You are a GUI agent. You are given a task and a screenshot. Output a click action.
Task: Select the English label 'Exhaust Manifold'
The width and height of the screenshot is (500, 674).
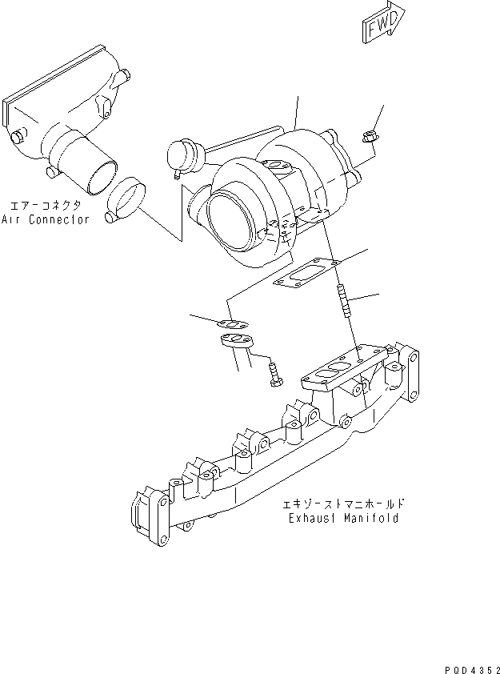[x=344, y=518]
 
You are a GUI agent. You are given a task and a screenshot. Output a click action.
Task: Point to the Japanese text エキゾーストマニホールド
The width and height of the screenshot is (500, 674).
[x=344, y=504]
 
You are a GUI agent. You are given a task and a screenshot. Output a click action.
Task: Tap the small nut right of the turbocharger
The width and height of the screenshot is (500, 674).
[x=369, y=138]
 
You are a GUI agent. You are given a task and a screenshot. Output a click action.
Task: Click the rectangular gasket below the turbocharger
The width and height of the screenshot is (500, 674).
[x=307, y=271]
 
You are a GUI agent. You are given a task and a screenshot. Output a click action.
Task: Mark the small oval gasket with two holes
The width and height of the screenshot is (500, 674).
[x=231, y=323]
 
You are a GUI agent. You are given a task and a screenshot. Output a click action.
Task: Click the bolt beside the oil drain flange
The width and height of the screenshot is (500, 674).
[x=274, y=375]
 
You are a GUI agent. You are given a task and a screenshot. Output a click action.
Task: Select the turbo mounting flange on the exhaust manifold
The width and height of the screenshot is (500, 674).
[x=335, y=371]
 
